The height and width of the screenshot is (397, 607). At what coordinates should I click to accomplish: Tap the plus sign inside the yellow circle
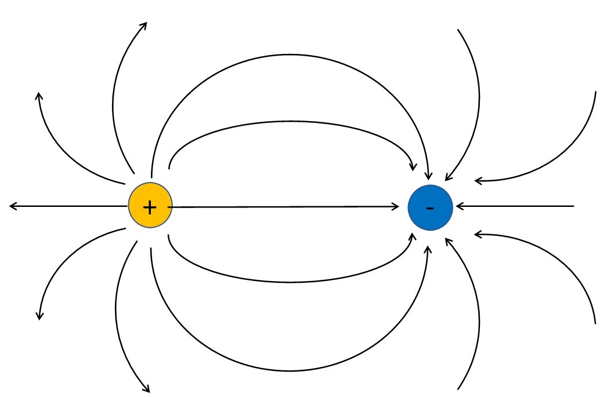pos(150,207)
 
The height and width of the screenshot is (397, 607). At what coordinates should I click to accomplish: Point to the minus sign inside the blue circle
pos(430,207)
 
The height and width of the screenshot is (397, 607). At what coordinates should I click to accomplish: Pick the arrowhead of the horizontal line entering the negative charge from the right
pos(458,206)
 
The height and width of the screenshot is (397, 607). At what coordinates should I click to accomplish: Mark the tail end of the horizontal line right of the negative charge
pos(573,206)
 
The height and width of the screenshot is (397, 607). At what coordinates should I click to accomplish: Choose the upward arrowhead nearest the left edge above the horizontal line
pos(39,94)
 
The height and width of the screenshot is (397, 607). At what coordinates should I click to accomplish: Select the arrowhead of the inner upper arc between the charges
pos(413,168)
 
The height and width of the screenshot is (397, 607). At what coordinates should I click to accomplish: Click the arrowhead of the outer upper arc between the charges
pos(429,177)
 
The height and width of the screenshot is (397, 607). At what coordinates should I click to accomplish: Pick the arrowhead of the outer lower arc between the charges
pos(429,247)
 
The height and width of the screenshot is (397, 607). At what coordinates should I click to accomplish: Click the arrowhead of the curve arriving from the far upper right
pos(477,181)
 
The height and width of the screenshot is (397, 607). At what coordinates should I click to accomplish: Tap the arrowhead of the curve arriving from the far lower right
pos(477,234)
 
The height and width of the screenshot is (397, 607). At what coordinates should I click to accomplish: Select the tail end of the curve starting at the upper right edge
pos(595,92)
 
